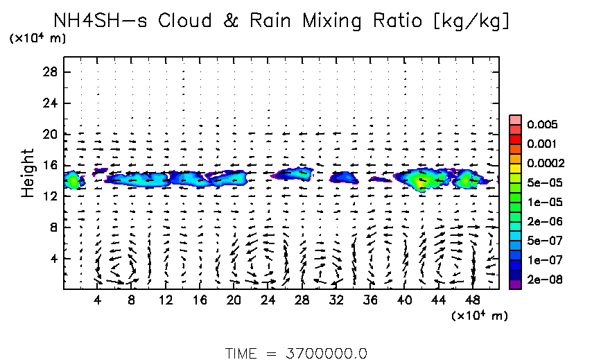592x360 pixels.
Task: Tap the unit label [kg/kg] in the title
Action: click(x=472, y=22)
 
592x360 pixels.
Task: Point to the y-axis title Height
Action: click(x=28, y=173)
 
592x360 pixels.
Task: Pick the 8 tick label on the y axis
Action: click(x=56, y=228)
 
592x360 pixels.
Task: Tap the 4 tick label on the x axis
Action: click(x=98, y=300)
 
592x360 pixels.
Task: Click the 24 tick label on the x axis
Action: click(x=268, y=300)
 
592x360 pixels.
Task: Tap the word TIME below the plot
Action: click(x=243, y=353)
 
